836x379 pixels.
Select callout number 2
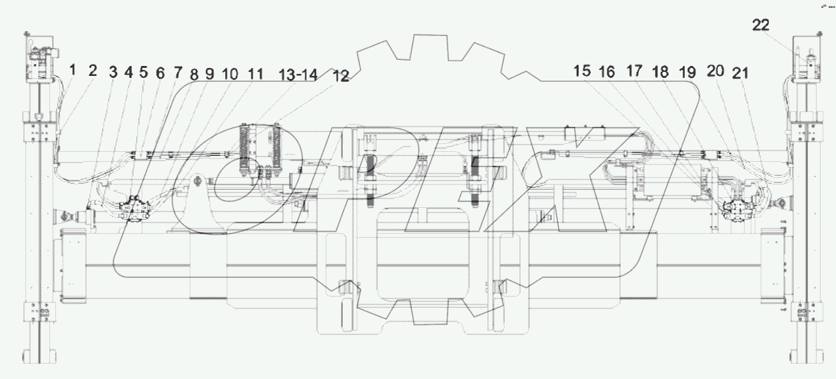93,70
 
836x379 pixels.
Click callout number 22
761,25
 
